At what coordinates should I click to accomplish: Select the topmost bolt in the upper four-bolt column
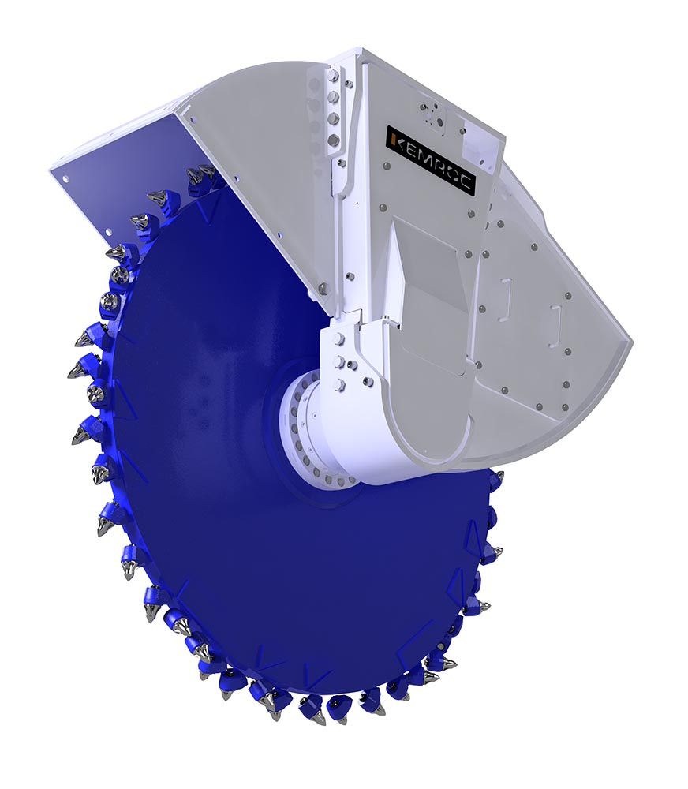click(x=331, y=76)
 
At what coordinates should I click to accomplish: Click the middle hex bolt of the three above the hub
click(x=338, y=361)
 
